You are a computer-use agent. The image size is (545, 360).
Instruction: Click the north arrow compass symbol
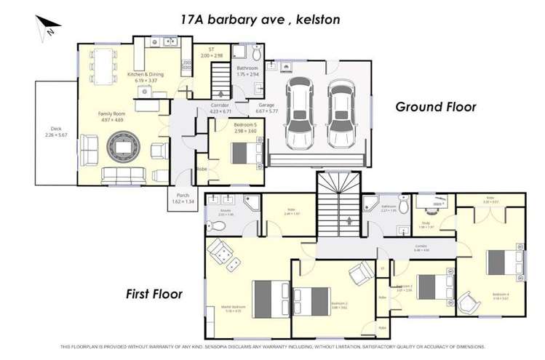[x=45, y=27]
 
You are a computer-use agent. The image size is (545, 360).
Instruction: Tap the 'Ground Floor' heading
[x=435, y=107]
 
